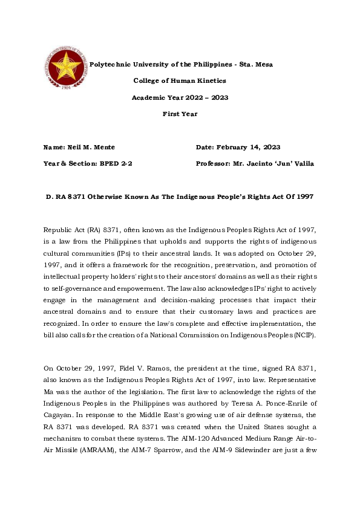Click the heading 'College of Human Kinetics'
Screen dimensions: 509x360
click(180, 80)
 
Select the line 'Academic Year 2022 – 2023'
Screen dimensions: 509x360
click(180, 97)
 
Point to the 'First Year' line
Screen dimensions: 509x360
click(180, 114)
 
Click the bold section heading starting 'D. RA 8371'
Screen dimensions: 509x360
click(180, 197)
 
